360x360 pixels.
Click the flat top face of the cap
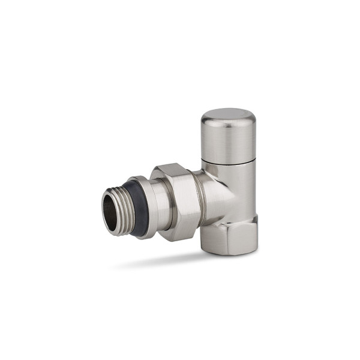coord(227,116)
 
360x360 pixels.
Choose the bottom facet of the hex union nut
coord(180,236)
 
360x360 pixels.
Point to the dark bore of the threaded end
coord(111,211)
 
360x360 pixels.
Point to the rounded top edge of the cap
coord(227,110)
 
